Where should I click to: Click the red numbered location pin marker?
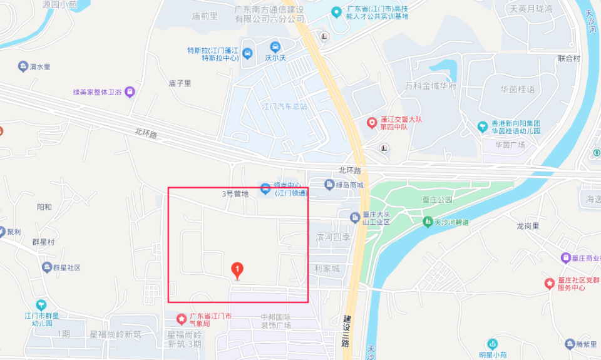[237, 270]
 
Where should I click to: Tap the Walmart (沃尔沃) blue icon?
[275, 47]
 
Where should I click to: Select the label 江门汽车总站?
[285, 106]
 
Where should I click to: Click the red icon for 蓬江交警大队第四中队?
[371, 123]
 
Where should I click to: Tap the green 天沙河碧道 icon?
[428, 222]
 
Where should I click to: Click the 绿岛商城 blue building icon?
[329, 185]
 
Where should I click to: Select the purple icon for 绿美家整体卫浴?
[130, 92]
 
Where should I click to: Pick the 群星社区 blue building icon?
[47, 268]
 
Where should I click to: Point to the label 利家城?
[327, 269]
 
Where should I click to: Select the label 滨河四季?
[333, 238]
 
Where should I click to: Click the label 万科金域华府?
[431, 86]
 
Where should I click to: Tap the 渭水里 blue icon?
[23, 67]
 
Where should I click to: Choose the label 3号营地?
[235, 194]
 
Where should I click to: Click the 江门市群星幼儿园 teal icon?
[41, 305]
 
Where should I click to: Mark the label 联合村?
[569, 58]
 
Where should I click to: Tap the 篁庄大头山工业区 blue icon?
[354, 216]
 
